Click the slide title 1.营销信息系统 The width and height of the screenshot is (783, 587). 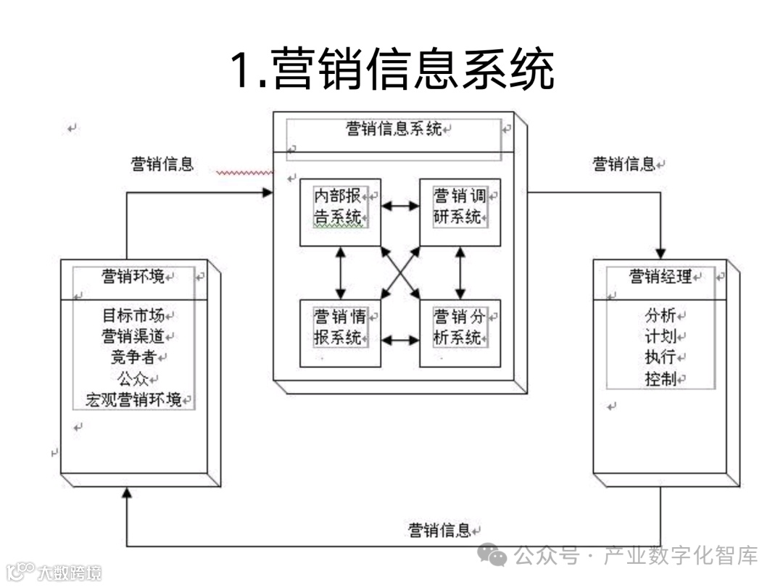[392, 70]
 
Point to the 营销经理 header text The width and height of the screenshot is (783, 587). [660, 276]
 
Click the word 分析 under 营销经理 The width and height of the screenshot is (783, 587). [660, 316]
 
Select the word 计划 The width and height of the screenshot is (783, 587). [660, 336]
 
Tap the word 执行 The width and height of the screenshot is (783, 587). [660, 357]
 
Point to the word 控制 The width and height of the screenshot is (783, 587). [660, 378]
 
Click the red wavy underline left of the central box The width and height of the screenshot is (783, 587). [245, 173]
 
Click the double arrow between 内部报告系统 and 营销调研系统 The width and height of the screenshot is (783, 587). [400, 206]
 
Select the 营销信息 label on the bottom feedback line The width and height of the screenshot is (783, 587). [439, 530]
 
